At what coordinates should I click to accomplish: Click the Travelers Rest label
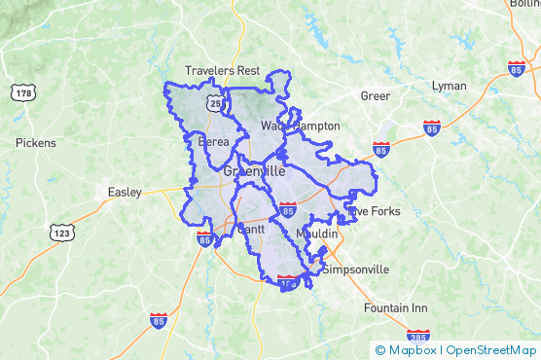[x=223, y=70]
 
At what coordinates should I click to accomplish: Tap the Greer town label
[x=375, y=95]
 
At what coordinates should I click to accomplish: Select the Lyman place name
[x=450, y=86]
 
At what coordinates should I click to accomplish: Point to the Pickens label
[x=36, y=143]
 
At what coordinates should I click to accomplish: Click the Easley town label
[x=124, y=192]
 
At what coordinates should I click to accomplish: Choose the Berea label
[x=213, y=142]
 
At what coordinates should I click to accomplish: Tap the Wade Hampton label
[x=300, y=126]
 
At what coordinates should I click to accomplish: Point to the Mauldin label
[x=316, y=234]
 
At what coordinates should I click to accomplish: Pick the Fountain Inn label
[x=395, y=307]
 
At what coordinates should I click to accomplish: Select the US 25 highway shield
[x=212, y=101]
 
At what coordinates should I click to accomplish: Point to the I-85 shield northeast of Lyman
[x=517, y=69]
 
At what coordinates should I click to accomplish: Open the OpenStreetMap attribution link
[x=491, y=349]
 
